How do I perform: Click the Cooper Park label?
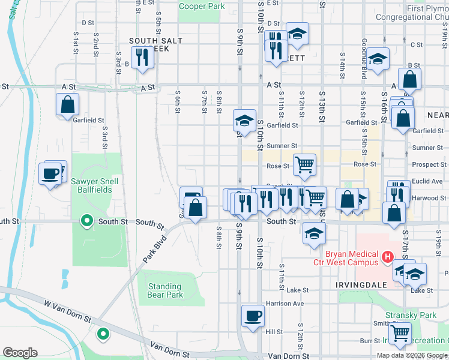(202, 6)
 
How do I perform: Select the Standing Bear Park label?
(165, 290)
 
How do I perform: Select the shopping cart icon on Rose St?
(304, 164)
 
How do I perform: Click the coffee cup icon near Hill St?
(253, 315)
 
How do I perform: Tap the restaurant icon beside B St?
(142, 58)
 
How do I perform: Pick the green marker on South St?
(87, 222)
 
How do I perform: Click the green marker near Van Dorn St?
(103, 333)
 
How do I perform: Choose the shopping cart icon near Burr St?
(400, 334)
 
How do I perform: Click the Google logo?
(20, 353)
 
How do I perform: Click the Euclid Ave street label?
(427, 181)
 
